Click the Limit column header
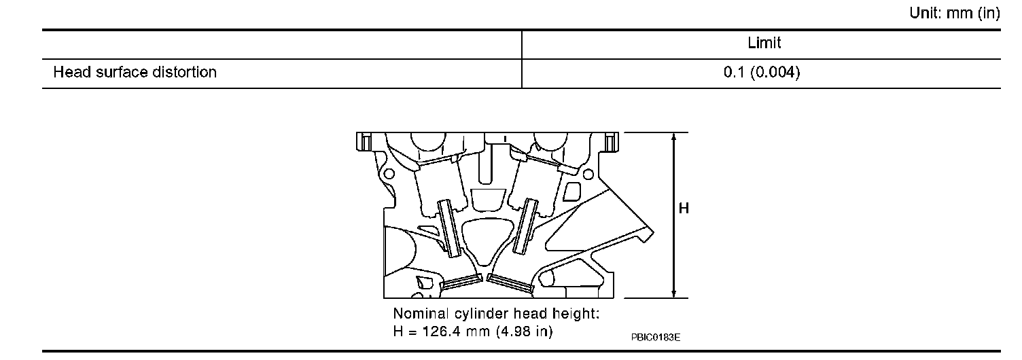pyautogui.click(x=764, y=43)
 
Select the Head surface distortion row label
pyautogui.click(x=135, y=72)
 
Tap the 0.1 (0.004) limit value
pyautogui.click(x=762, y=72)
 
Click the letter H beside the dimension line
pyautogui.click(x=684, y=209)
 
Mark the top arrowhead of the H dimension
pyautogui.click(x=674, y=137)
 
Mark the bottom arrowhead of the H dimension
pyautogui.click(x=674, y=293)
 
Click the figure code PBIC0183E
pyautogui.click(x=656, y=337)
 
